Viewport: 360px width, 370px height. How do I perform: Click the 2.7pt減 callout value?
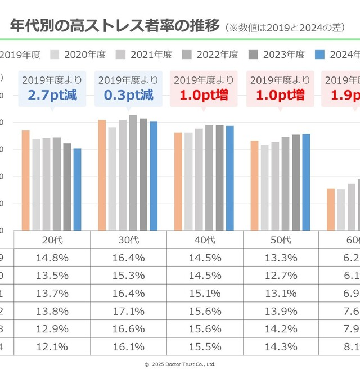[x=52, y=95]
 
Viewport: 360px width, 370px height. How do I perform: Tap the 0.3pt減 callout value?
[x=128, y=95]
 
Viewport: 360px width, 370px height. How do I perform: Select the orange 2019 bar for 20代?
[x=25, y=180]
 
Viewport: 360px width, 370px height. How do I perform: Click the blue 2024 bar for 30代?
[x=154, y=175]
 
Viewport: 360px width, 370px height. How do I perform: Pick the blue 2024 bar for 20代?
[x=77, y=189]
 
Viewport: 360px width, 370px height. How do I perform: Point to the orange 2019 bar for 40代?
[x=178, y=181]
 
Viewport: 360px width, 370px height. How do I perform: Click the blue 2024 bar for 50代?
[x=306, y=182]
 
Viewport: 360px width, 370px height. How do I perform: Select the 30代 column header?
[x=128, y=240]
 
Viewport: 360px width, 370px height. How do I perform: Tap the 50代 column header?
[x=281, y=240]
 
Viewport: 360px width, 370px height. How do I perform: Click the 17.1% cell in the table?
[x=128, y=311]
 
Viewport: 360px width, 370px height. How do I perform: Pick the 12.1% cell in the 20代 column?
[x=52, y=346]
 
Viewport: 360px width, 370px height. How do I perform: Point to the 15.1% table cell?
[x=205, y=294]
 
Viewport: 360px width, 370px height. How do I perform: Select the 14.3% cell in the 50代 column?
[x=281, y=346]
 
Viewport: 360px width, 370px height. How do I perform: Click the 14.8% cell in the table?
[x=52, y=258]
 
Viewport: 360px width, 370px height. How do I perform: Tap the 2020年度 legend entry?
[x=79, y=55]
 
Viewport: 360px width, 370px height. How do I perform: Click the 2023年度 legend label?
[x=285, y=55]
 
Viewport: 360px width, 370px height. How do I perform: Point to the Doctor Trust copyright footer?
[x=180, y=364]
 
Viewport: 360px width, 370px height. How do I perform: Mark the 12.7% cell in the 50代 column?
[x=281, y=276]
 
